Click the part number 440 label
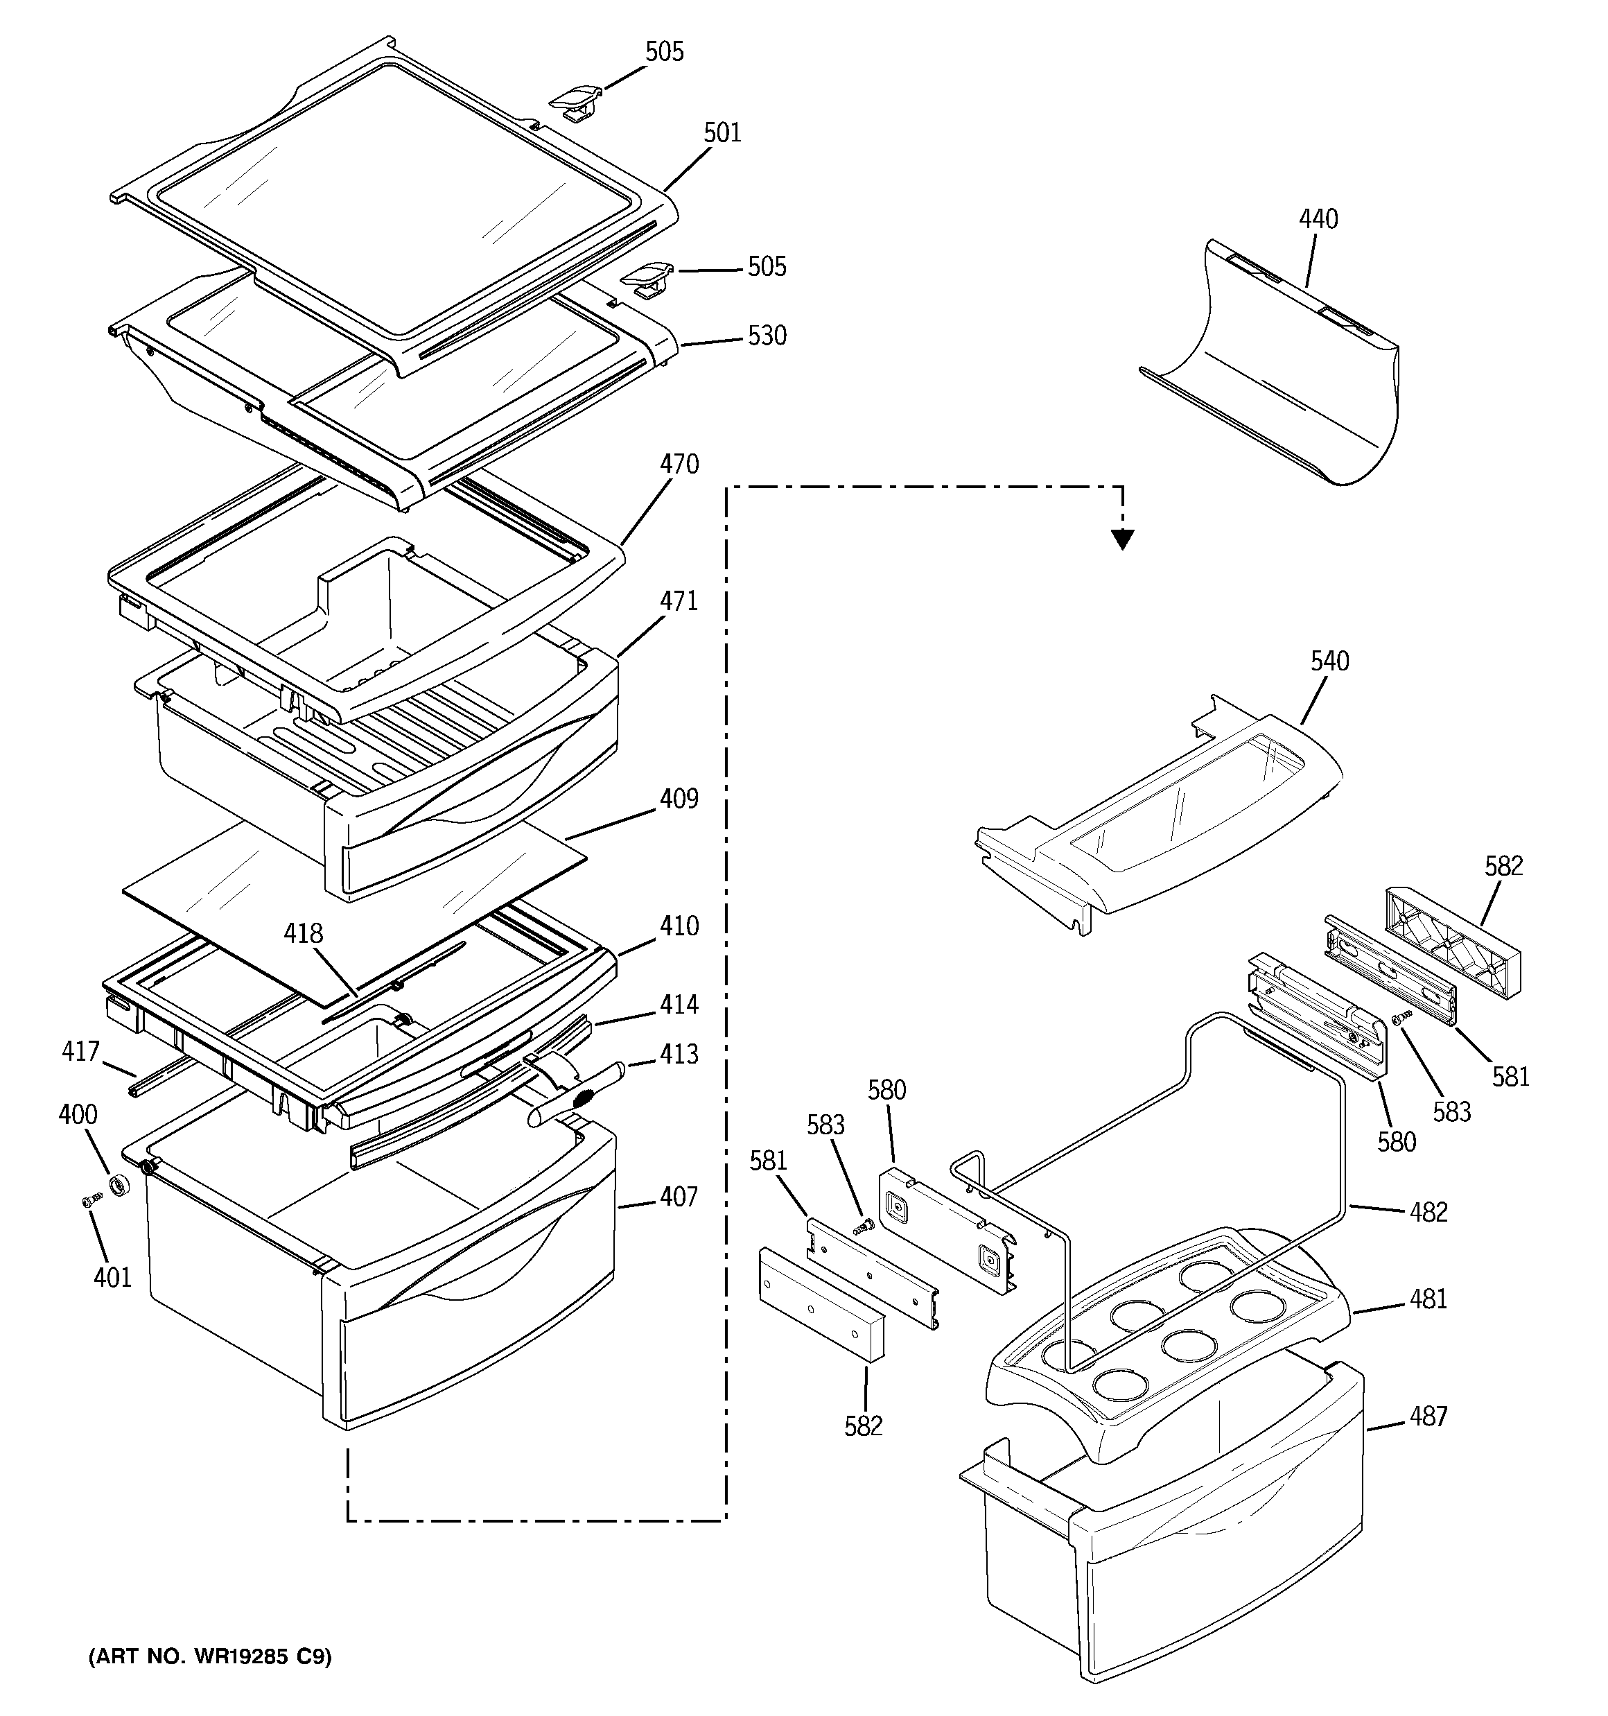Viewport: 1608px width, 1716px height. (1318, 219)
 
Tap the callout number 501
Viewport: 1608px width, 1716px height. (722, 133)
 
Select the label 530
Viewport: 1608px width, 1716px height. (767, 336)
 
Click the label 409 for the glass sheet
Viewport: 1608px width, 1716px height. (679, 799)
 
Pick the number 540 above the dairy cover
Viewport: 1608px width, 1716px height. (1329, 661)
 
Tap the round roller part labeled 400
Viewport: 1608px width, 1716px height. (121, 1185)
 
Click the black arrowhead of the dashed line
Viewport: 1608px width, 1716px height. (1122, 539)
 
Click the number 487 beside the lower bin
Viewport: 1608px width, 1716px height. (1428, 1416)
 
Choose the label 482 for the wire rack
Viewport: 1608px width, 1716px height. (1428, 1212)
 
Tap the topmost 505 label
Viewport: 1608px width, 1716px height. (665, 52)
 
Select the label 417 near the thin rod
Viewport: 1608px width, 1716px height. (80, 1051)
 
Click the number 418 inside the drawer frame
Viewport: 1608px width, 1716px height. (304, 934)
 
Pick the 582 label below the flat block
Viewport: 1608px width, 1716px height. (863, 1426)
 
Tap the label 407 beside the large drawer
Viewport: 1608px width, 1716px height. (679, 1197)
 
